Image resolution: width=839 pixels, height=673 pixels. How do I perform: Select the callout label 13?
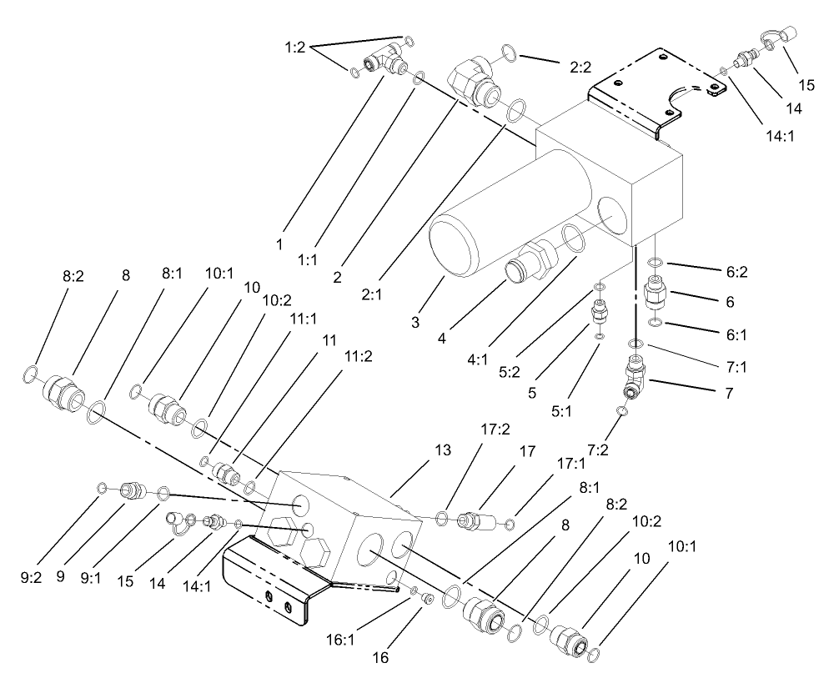[x=442, y=450]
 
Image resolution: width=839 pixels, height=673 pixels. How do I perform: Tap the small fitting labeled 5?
[x=599, y=315]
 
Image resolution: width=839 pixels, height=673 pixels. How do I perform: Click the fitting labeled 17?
[x=474, y=520]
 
